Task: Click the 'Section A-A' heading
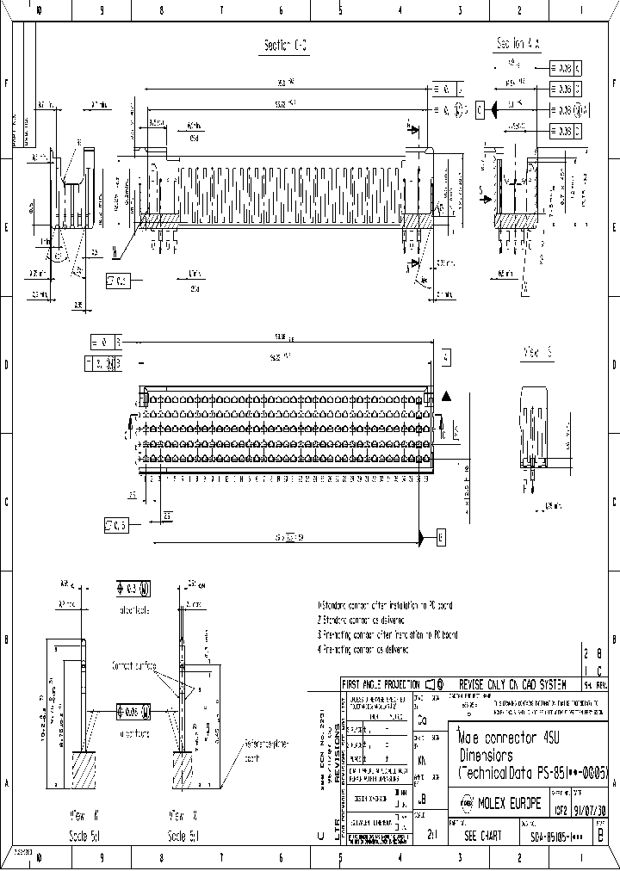(x=517, y=43)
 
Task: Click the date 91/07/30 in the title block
(x=590, y=809)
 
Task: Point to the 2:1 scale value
(x=431, y=835)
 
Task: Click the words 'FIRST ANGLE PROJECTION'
(x=381, y=683)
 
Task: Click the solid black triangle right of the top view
(x=445, y=395)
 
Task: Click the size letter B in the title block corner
(x=600, y=834)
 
